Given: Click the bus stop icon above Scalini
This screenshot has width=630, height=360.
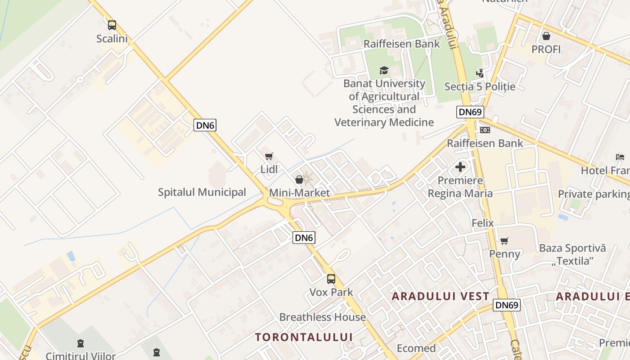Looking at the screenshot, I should pyautogui.click(x=112, y=25).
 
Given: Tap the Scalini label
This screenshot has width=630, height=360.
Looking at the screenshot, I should pyautogui.click(x=112, y=39).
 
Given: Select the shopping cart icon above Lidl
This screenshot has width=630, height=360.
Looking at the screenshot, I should pyautogui.click(x=269, y=156).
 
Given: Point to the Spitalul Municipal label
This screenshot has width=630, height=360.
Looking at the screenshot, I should pyautogui.click(x=202, y=192).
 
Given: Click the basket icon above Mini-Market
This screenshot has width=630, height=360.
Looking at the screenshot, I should pyautogui.click(x=299, y=180).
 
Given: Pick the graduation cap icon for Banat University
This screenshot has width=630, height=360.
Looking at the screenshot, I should pyautogui.click(x=384, y=70).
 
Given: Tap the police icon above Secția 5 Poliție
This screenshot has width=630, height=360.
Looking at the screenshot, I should pyautogui.click(x=480, y=73).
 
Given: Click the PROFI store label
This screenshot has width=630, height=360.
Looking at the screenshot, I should pyautogui.click(x=546, y=49).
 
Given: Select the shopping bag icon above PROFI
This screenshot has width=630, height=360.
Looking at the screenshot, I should pyautogui.click(x=546, y=36).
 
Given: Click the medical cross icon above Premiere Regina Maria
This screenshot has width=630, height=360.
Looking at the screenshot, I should pyautogui.click(x=460, y=167).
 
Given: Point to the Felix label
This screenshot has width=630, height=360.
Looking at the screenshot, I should pyautogui.click(x=482, y=223).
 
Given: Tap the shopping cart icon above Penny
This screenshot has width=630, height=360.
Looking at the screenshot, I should pyautogui.click(x=504, y=241).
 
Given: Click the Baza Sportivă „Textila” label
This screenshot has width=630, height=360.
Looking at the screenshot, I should pyautogui.click(x=572, y=254).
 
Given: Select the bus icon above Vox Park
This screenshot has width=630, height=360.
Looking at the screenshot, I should pyautogui.click(x=331, y=279).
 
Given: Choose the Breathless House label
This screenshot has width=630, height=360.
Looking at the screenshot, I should pyautogui.click(x=322, y=317).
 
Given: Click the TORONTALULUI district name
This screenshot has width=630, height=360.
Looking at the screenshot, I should pyautogui.click(x=304, y=337).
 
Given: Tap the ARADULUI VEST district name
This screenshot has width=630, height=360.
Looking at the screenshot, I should pyautogui.click(x=440, y=296).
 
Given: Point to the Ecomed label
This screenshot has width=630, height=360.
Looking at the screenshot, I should pyautogui.click(x=416, y=348).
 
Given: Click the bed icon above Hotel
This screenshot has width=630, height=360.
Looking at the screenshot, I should pyautogui.click(x=620, y=157).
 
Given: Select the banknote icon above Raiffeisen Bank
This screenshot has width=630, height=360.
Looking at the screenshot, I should pyautogui.click(x=485, y=130).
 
